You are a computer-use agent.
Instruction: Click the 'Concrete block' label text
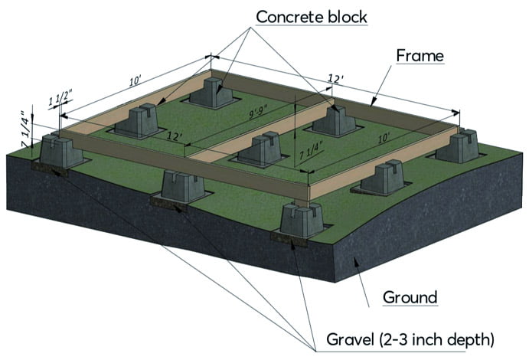tap(311, 16)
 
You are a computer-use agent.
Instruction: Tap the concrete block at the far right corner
tap(462, 146)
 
